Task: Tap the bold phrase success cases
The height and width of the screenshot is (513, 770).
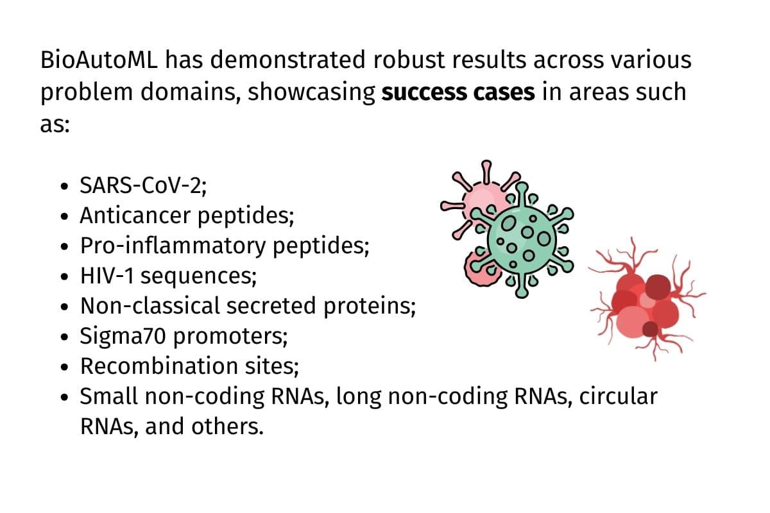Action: (458, 92)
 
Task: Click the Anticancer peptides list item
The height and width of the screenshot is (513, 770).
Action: (187, 216)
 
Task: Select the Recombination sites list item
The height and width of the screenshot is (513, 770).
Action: (189, 367)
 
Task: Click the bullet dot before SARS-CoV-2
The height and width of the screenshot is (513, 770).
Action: (63, 187)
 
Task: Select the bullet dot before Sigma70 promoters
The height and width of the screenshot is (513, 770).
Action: (63, 338)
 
